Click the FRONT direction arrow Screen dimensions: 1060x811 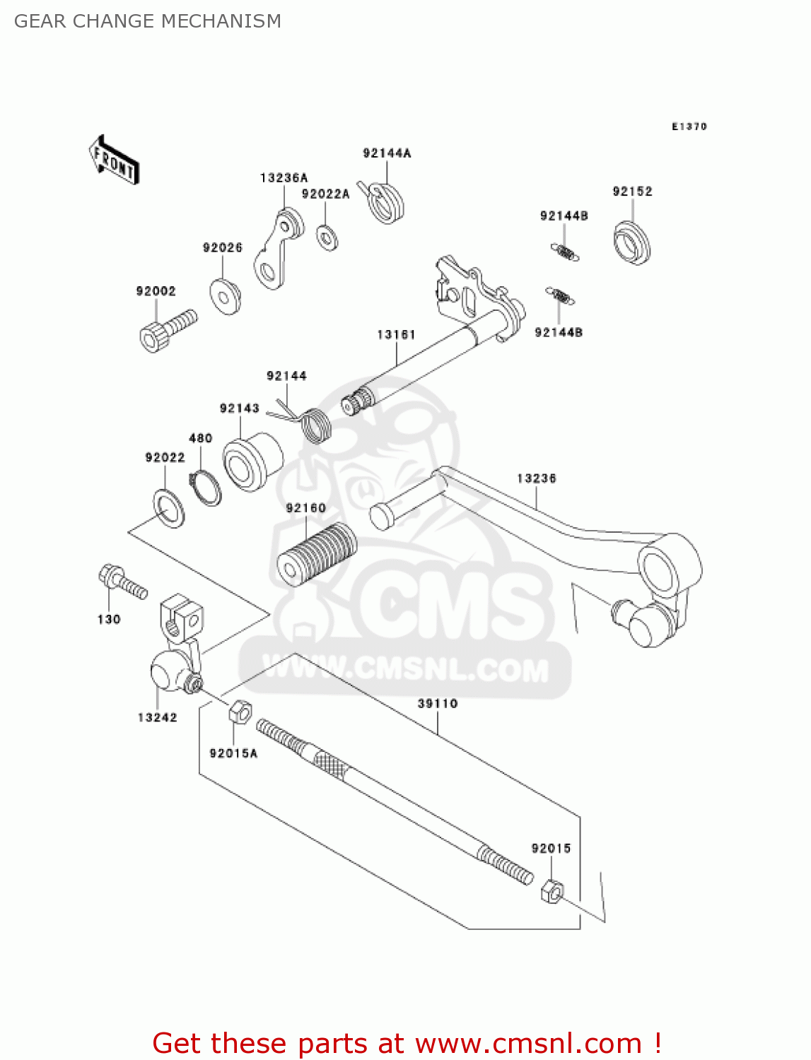(x=114, y=160)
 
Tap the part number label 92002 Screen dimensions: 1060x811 (x=156, y=291)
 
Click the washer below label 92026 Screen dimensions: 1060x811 (x=226, y=296)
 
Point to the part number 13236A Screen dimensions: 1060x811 (x=284, y=178)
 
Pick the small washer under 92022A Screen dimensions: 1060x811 (x=327, y=237)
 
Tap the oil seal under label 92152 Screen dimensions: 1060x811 (x=631, y=242)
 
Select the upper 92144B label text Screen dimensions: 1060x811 (x=564, y=216)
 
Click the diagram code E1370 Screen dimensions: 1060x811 (x=689, y=126)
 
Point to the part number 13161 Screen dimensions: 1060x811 (x=396, y=334)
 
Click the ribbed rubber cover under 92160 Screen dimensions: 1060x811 (x=316, y=554)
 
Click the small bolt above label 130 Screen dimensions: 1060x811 (x=122, y=582)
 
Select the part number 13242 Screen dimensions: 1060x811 (x=157, y=718)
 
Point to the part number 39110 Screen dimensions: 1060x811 (x=437, y=704)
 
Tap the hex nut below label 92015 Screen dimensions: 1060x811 (x=552, y=893)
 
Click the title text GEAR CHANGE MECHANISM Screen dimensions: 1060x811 (x=148, y=21)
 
